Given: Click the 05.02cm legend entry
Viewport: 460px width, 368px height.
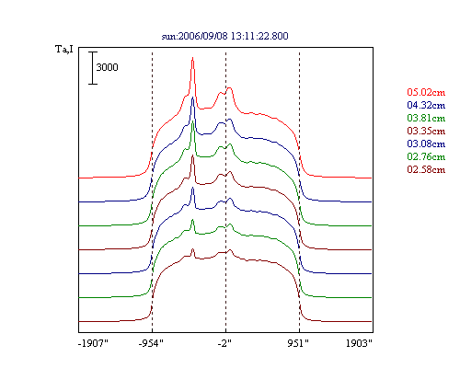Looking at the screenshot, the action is [x=426, y=92].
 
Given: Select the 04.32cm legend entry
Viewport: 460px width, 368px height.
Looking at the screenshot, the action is [x=426, y=105].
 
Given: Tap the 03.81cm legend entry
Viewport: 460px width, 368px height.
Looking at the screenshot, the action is [x=426, y=118].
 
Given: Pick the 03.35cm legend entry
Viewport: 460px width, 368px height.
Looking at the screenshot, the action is [x=426, y=131].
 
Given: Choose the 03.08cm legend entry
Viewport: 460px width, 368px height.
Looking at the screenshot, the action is [x=426, y=144].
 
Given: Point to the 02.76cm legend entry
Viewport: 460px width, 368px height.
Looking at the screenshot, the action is [x=426, y=156].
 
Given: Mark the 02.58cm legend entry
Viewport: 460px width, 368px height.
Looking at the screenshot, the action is [x=426, y=169].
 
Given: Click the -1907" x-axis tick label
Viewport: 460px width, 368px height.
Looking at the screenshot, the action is [x=93, y=343].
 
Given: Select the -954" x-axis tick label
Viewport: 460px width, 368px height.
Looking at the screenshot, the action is [x=151, y=343].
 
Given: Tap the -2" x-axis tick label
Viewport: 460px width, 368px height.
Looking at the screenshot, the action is [x=224, y=343].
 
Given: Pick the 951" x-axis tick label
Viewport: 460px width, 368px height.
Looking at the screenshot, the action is [x=298, y=343].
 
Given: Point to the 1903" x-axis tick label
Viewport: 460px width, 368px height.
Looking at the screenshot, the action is [x=359, y=343].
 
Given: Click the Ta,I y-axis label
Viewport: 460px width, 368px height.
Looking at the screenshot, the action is [x=64, y=49].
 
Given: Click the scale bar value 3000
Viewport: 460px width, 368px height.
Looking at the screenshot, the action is [x=107, y=67].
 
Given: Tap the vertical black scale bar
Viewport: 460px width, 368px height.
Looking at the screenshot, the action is [x=93, y=68].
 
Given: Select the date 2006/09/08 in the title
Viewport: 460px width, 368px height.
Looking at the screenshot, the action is [x=203, y=36].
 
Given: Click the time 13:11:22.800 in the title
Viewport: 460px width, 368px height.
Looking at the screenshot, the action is [x=259, y=36].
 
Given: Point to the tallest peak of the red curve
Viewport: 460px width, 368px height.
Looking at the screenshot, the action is [x=192, y=58].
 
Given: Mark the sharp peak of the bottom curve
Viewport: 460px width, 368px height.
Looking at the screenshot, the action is [x=192, y=249].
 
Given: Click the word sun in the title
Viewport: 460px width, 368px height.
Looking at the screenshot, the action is [x=168, y=37].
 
